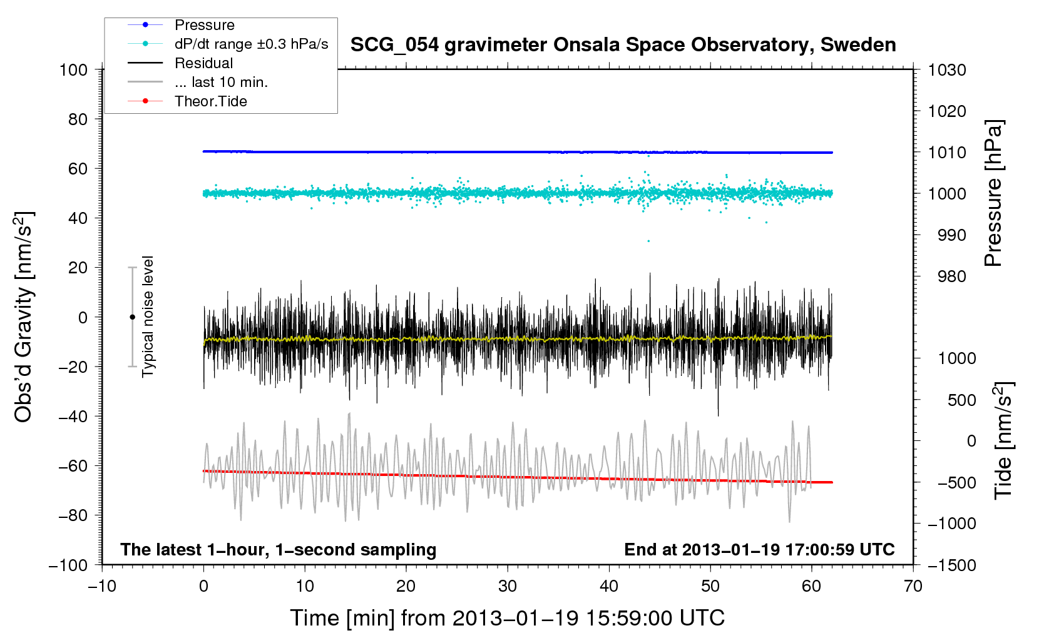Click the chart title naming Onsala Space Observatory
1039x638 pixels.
[623, 45]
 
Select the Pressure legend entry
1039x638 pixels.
[181, 24]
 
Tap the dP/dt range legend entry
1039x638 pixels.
[228, 44]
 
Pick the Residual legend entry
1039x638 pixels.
[180, 63]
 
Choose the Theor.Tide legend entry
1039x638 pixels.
[187, 101]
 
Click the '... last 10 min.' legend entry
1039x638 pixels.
[198, 82]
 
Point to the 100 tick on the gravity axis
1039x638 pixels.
[73, 70]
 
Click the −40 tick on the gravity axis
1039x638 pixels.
[73, 417]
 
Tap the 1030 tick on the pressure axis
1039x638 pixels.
[947, 70]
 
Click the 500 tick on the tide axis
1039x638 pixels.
[961, 400]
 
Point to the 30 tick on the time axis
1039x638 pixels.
[508, 586]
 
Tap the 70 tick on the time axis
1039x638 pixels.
[913, 586]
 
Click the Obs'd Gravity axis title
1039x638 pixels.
[23, 317]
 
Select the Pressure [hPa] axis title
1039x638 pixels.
[993, 193]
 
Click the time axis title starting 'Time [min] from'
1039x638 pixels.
[508, 618]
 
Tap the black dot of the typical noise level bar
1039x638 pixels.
[132, 317]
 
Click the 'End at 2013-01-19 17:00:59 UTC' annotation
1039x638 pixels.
[759, 549]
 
